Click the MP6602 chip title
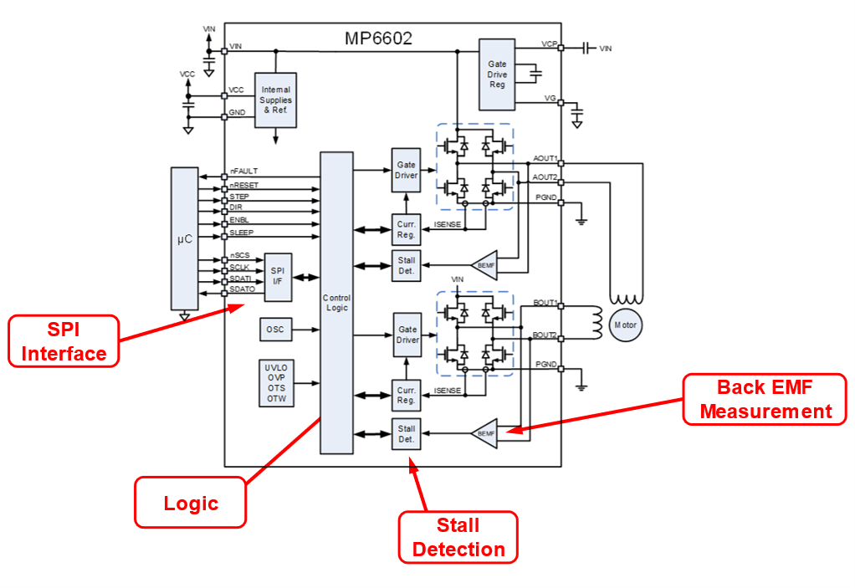click(x=378, y=38)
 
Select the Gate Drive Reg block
click(x=497, y=74)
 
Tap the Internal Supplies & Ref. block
click(x=275, y=100)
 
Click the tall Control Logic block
click(x=336, y=303)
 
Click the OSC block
click(x=275, y=330)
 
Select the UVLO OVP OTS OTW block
click(x=275, y=383)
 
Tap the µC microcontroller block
click(x=184, y=238)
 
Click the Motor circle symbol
click(x=625, y=324)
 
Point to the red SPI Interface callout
click(x=64, y=341)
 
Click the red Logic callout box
click(x=191, y=503)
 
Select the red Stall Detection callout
click(x=458, y=537)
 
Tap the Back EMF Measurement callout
click(x=765, y=399)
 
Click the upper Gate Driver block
click(x=407, y=170)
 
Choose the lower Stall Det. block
click(x=407, y=433)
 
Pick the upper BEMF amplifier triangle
click(x=485, y=263)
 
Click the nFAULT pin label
click(x=243, y=171)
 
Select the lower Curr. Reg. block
click(x=407, y=395)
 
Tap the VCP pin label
click(x=549, y=43)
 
